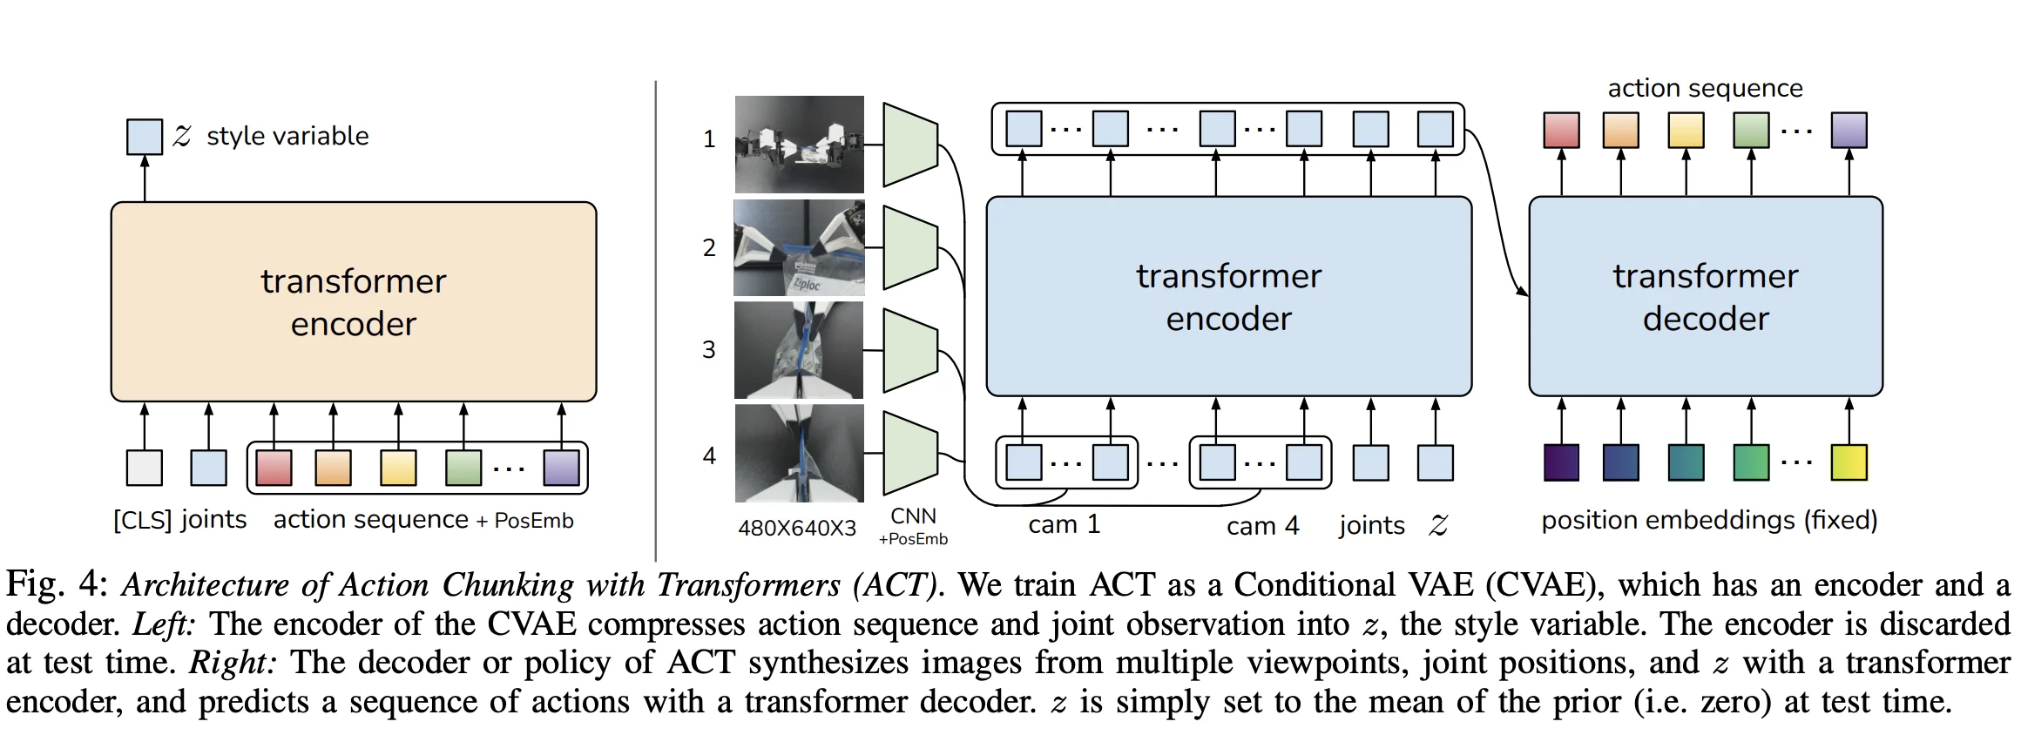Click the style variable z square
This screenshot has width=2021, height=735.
[x=145, y=137]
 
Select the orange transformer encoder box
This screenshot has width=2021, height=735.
[x=354, y=301]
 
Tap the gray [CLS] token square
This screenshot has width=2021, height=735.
[x=145, y=468]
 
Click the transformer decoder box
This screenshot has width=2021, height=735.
[x=1705, y=296]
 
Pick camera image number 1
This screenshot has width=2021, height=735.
[x=799, y=145]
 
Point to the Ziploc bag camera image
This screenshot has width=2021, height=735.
[x=799, y=248]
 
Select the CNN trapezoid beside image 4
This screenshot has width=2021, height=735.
[x=910, y=453]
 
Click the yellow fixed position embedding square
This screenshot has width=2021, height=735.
[x=1849, y=462]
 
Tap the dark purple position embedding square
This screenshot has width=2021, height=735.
[x=1561, y=462]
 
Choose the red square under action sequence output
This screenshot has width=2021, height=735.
[x=1561, y=130]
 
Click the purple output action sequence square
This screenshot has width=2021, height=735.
[x=1849, y=130]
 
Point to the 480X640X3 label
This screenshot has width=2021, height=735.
[x=797, y=529]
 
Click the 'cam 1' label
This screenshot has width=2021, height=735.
[x=1064, y=525]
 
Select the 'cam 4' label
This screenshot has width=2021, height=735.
[x=1262, y=526]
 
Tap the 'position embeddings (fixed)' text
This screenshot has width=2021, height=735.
[x=1709, y=520]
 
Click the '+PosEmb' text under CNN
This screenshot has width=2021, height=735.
[x=913, y=539]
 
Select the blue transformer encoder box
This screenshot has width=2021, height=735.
[x=1228, y=296]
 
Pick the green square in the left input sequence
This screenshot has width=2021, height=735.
[x=463, y=468]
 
